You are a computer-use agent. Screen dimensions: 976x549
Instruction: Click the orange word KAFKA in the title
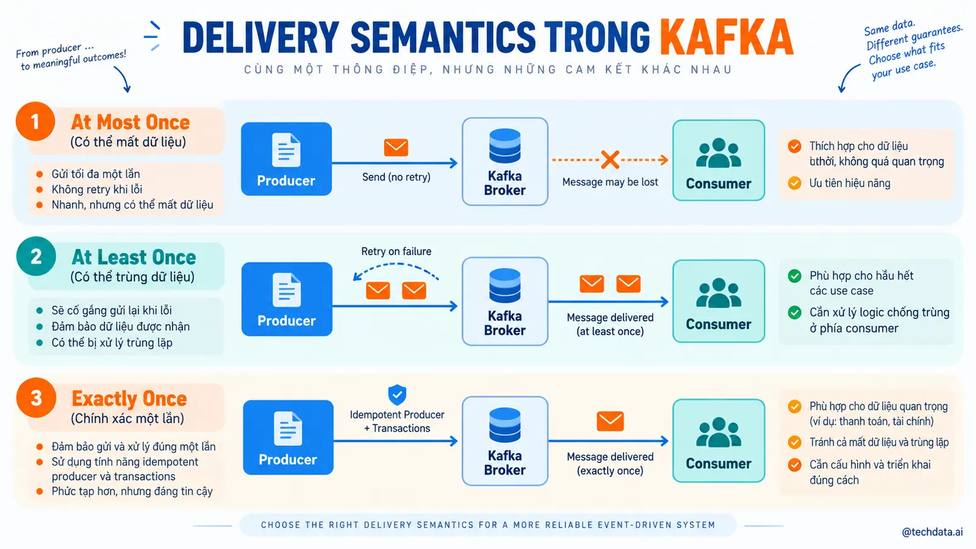pos(727,37)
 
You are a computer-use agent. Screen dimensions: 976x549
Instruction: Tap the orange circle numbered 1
pos(35,121)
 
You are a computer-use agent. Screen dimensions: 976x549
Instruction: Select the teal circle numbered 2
pos(36,256)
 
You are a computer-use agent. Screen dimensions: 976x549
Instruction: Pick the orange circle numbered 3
pos(36,398)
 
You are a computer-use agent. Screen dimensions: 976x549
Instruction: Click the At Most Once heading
pos(131,123)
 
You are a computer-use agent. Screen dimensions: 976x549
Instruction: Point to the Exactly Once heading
pos(129,399)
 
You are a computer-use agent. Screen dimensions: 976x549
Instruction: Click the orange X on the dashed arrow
pos(610,160)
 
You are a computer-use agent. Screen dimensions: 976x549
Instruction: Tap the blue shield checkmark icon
pos(397,395)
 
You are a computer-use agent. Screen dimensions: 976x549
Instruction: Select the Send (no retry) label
pos(396,177)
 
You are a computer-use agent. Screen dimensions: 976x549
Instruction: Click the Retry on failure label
pos(396,251)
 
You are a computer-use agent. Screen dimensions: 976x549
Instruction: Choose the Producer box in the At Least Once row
pos(287,299)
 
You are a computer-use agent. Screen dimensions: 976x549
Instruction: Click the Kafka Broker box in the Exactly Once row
pos(505,441)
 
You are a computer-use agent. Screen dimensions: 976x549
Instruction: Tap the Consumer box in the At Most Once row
pos(719,160)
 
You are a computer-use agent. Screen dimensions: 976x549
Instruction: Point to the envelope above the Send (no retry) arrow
pos(396,147)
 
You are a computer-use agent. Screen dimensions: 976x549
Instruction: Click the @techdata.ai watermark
pos(932,532)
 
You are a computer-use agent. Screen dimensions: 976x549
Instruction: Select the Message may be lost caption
pos(610,182)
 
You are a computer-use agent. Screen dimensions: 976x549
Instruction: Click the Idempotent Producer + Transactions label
pos(397,422)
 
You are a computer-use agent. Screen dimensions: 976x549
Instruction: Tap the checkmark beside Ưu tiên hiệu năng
pos(794,182)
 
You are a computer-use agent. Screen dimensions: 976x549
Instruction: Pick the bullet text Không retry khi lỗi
pos(97,190)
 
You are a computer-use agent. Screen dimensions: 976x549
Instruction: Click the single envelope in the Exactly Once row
pos(610,421)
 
